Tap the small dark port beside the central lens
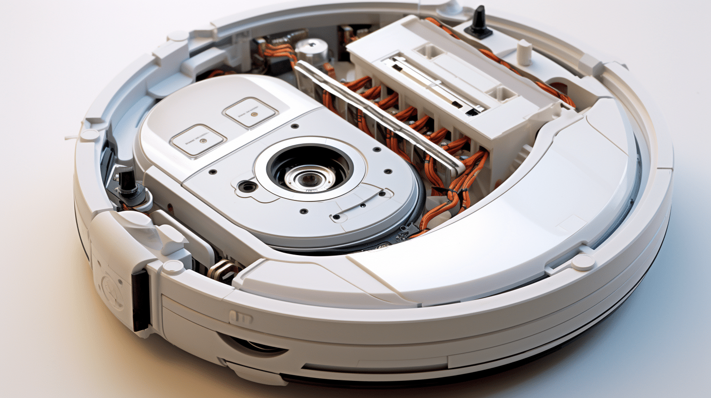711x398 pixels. [248, 186]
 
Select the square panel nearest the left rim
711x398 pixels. [198, 140]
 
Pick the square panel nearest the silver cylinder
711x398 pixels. [250, 113]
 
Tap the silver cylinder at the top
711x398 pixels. [311, 51]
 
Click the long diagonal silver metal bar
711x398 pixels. [378, 118]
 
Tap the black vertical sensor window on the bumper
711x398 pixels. [140, 299]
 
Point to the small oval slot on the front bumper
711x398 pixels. [241, 318]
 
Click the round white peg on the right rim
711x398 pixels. [583, 262]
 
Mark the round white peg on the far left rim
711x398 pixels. [89, 135]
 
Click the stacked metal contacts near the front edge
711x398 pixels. [223, 270]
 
